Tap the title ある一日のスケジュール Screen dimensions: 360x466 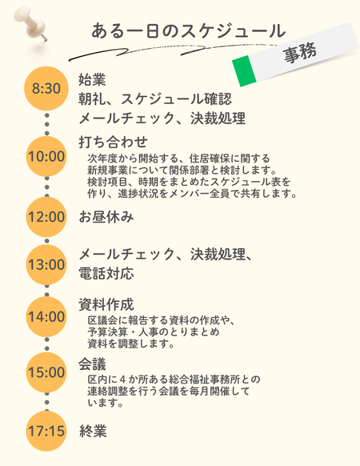point(188,31)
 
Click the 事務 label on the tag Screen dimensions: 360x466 point(300,53)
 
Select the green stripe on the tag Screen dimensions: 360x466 point(244,71)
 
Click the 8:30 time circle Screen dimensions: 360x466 point(46,89)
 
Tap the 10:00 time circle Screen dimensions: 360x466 point(46,157)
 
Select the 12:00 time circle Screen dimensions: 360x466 point(46,217)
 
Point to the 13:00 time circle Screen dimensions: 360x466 point(46,264)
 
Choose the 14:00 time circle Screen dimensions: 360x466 point(46,316)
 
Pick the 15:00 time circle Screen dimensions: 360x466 point(46,372)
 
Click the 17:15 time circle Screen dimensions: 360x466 point(46,431)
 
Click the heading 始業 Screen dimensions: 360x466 point(92,79)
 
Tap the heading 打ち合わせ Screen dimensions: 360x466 point(113,142)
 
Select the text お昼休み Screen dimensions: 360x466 point(106,217)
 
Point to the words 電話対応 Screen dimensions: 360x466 point(106,273)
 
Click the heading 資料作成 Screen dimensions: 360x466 point(106,304)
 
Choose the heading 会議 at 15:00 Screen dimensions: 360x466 point(92,364)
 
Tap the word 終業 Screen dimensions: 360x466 point(93,431)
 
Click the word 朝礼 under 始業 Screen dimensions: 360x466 point(92,99)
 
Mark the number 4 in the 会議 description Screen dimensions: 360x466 point(123,380)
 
